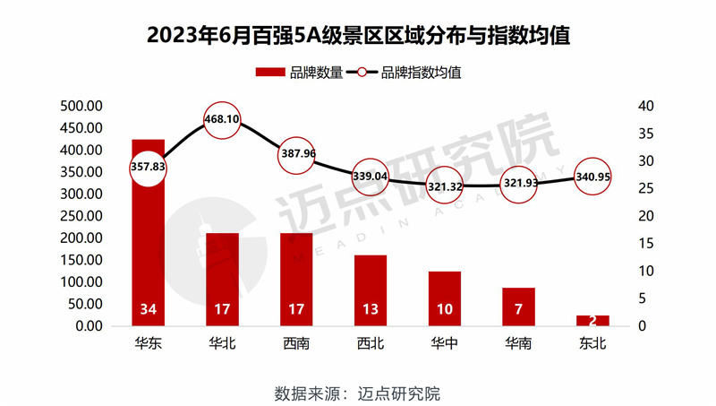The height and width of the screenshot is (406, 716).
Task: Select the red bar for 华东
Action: [149, 242]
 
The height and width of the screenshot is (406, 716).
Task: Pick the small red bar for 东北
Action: [592, 320]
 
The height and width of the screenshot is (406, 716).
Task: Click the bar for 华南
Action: [518, 306]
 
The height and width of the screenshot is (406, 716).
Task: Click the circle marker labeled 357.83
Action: [149, 168]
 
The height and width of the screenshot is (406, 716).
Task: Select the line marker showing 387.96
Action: [296, 154]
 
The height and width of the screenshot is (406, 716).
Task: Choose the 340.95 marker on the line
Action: [592, 177]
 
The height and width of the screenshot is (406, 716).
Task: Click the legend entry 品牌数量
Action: [299, 73]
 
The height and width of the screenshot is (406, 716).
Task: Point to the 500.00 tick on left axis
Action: [82, 106]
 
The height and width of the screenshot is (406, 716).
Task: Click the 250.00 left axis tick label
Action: [82, 216]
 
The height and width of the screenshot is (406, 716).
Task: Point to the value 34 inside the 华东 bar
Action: [149, 311]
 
